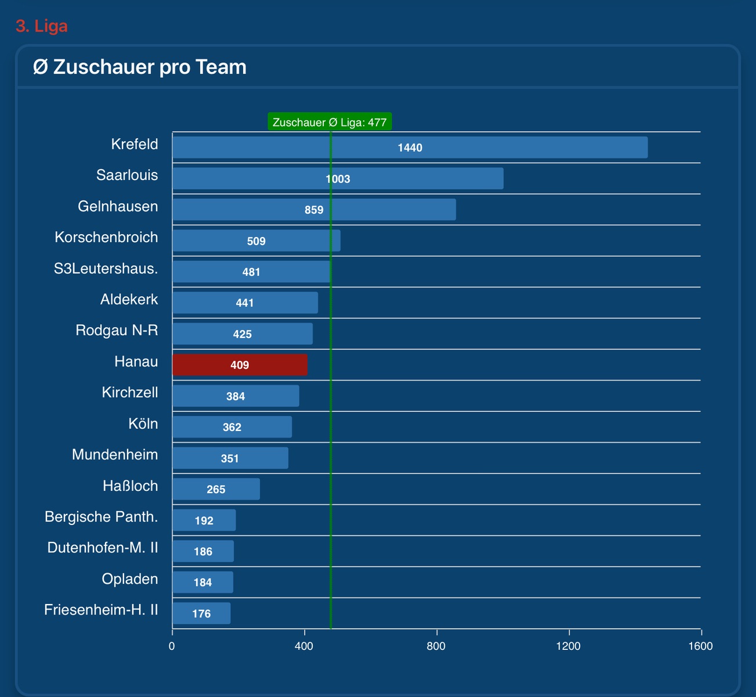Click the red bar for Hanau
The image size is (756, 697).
(240, 365)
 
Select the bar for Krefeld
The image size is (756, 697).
(410, 148)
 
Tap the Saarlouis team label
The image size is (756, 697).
(127, 175)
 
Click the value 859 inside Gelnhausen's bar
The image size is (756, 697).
(314, 210)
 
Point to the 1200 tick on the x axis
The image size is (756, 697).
(568, 646)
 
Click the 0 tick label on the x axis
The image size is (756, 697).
(172, 646)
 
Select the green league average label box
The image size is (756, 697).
(330, 123)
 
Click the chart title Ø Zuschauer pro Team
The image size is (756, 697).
(140, 67)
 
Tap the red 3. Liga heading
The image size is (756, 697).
(42, 26)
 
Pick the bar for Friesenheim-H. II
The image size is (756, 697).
(201, 613)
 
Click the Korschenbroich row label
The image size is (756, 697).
(106, 238)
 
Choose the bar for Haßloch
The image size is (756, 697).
(216, 489)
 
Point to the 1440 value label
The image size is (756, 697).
(410, 148)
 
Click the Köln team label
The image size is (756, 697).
(143, 424)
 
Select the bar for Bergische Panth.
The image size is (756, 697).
(204, 520)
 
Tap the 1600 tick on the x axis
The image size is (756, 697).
(700, 646)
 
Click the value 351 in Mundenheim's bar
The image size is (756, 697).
(230, 458)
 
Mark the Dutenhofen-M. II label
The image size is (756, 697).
(103, 548)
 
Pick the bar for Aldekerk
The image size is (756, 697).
(245, 303)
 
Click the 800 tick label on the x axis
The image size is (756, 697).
(436, 646)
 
